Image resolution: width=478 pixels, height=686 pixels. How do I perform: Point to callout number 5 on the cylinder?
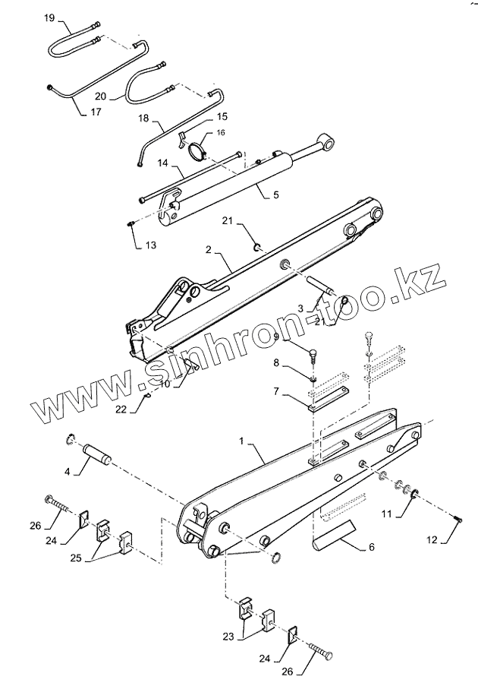coord(275,194)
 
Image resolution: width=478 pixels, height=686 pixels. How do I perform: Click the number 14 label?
coord(162,163)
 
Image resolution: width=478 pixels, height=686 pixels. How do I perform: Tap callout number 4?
coord(67,473)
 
